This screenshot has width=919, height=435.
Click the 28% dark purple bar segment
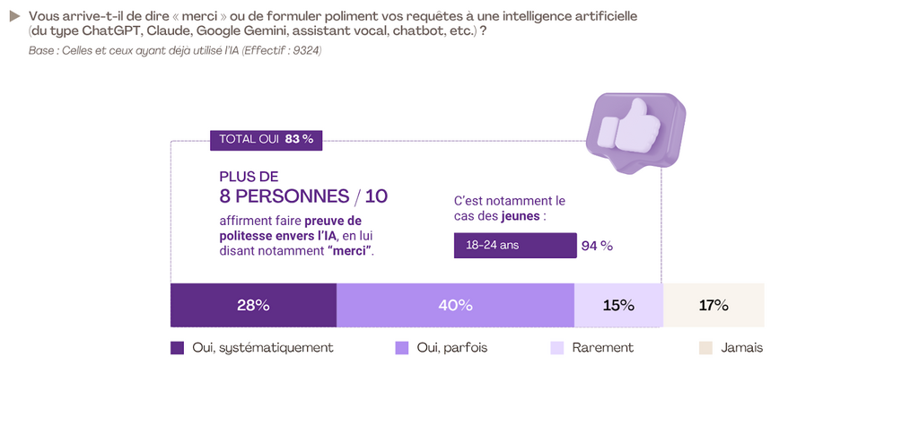(x=253, y=305)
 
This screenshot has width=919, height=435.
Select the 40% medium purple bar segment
(x=455, y=305)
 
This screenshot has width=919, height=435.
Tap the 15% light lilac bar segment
(x=618, y=305)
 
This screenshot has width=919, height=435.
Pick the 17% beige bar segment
(x=713, y=305)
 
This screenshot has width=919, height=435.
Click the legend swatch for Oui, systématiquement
(x=177, y=348)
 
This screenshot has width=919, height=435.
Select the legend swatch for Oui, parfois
(x=401, y=348)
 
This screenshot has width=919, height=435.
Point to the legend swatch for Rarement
(x=556, y=348)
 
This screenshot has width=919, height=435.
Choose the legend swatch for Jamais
(x=705, y=348)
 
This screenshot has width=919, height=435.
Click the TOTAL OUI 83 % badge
(x=266, y=139)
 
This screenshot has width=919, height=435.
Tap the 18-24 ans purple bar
(x=515, y=245)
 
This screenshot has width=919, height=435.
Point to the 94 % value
(x=597, y=246)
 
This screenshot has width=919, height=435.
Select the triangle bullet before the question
(x=14, y=16)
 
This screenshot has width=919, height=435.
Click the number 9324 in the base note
(x=304, y=50)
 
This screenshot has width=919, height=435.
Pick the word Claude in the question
(x=168, y=31)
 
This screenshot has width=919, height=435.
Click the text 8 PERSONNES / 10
(x=303, y=196)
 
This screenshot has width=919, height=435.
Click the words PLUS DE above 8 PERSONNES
(x=249, y=177)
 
